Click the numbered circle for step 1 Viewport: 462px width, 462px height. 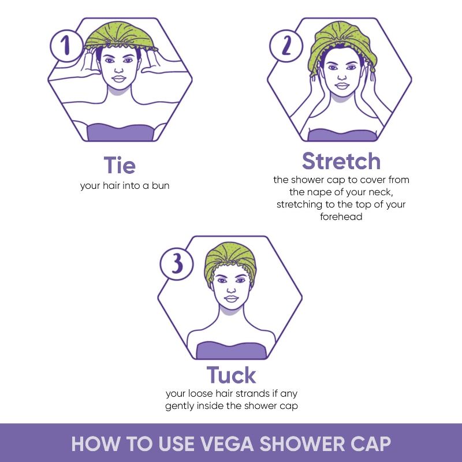[x=66, y=46]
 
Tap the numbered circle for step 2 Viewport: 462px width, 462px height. [x=286, y=46]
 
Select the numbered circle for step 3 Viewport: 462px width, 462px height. [x=177, y=264]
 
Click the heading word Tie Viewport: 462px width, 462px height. [x=120, y=165]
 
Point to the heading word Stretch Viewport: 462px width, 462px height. [x=341, y=161]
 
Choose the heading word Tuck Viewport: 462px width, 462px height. [x=232, y=375]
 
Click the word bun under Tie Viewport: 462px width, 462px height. [x=161, y=185]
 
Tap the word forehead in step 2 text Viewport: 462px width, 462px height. [x=341, y=217]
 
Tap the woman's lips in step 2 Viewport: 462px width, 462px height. [x=342, y=86]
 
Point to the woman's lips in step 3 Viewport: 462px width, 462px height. [x=231, y=299]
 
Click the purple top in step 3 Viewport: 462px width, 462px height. [x=232, y=350]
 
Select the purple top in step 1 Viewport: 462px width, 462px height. [x=120, y=132]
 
